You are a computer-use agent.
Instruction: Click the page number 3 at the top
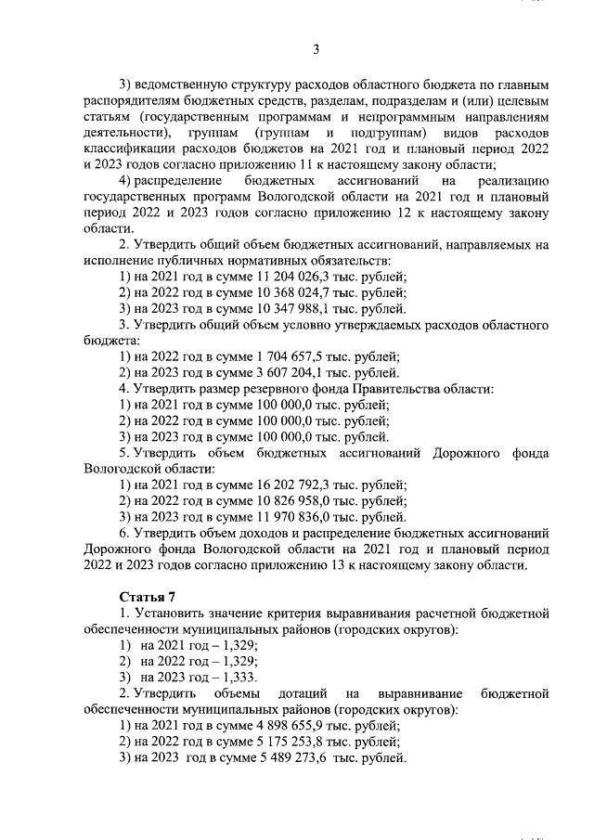[x=316, y=49]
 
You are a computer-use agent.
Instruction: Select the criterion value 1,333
[x=239, y=677]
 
